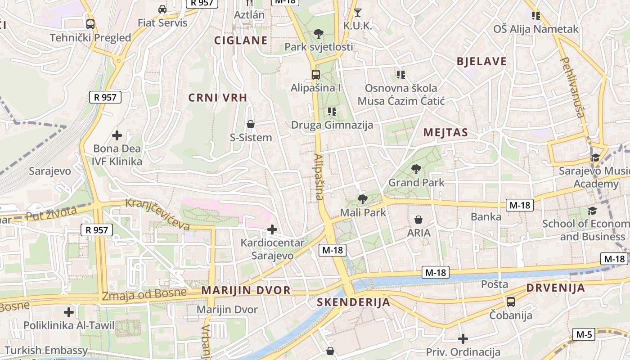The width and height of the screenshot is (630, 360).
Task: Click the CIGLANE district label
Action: tap(241, 40)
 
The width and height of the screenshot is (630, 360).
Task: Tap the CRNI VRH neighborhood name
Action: tap(218, 98)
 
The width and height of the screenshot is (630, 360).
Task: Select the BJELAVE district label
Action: tap(481, 62)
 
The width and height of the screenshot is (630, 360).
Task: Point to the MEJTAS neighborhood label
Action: tap(446, 132)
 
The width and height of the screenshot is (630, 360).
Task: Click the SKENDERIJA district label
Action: tap(354, 302)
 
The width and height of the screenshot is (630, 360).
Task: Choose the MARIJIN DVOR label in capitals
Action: tap(246, 290)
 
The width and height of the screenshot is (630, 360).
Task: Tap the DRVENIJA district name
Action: tap(556, 288)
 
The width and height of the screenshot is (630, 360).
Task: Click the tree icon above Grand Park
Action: tap(416, 170)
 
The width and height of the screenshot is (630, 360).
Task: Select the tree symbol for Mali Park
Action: tap(362, 199)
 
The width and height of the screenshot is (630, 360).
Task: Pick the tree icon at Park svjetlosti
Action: tap(319, 33)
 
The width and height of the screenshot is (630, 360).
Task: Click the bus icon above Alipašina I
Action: tap(315, 75)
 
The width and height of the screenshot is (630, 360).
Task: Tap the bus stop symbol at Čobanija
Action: tap(511, 302)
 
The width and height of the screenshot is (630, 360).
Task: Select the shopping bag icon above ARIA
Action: tap(418, 220)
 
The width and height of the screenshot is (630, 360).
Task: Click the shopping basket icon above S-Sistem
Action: tap(251, 124)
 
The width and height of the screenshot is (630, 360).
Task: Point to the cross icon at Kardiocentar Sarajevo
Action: tap(272, 230)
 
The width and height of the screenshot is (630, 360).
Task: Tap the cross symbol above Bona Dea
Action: tap(117, 135)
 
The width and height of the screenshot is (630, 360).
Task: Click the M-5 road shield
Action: tap(584, 334)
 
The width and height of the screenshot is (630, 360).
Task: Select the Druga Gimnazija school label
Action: tap(332, 125)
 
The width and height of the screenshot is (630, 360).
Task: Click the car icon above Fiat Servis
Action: tap(162, 9)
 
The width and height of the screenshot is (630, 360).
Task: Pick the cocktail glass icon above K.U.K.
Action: tap(358, 12)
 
